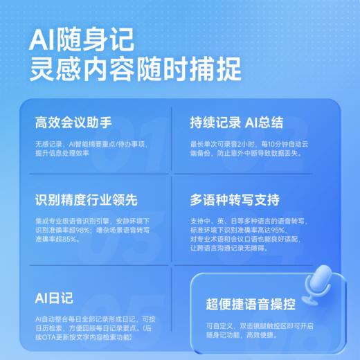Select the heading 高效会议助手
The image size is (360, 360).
(73, 124)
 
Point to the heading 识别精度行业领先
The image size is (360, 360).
(87, 201)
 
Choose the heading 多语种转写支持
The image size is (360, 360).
(235, 201)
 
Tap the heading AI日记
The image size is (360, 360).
(53, 298)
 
